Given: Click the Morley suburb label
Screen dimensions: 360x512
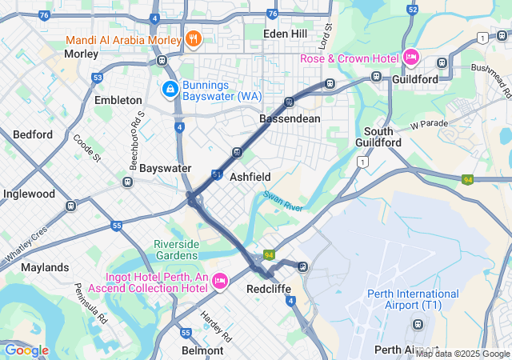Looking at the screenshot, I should pyautogui.click(x=81, y=54).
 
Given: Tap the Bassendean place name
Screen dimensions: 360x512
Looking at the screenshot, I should pyautogui.click(x=290, y=118).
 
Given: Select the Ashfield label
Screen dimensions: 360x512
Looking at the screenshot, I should pyautogui.click(x=250, y=177).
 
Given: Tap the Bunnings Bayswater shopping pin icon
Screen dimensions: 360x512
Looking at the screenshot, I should pyautogui.click(x=170, y=89).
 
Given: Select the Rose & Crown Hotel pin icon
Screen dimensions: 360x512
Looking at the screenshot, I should pyautogui.click(x=411, y=57).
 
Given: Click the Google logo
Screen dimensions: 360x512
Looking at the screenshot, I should pyautogui.click(x=26, y=350).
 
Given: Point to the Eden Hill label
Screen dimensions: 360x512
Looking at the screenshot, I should pyautogui.click(x=286, y=34).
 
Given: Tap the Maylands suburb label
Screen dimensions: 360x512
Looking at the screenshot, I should pyautogui.click(x=45, y=266).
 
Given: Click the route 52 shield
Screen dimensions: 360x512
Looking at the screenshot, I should pyautogui.click(x=413, y=10).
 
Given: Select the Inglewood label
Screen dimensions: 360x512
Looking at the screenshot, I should pyautogui.click(x=29, y=194).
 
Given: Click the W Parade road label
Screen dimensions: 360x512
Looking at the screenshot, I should pyautogui.click(x=430, y=125).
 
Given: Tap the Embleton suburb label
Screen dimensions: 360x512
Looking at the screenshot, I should pyautogui.click(x=118, y=100).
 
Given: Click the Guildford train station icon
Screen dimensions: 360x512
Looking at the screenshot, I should pyautogui.click(x=376, y=77).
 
